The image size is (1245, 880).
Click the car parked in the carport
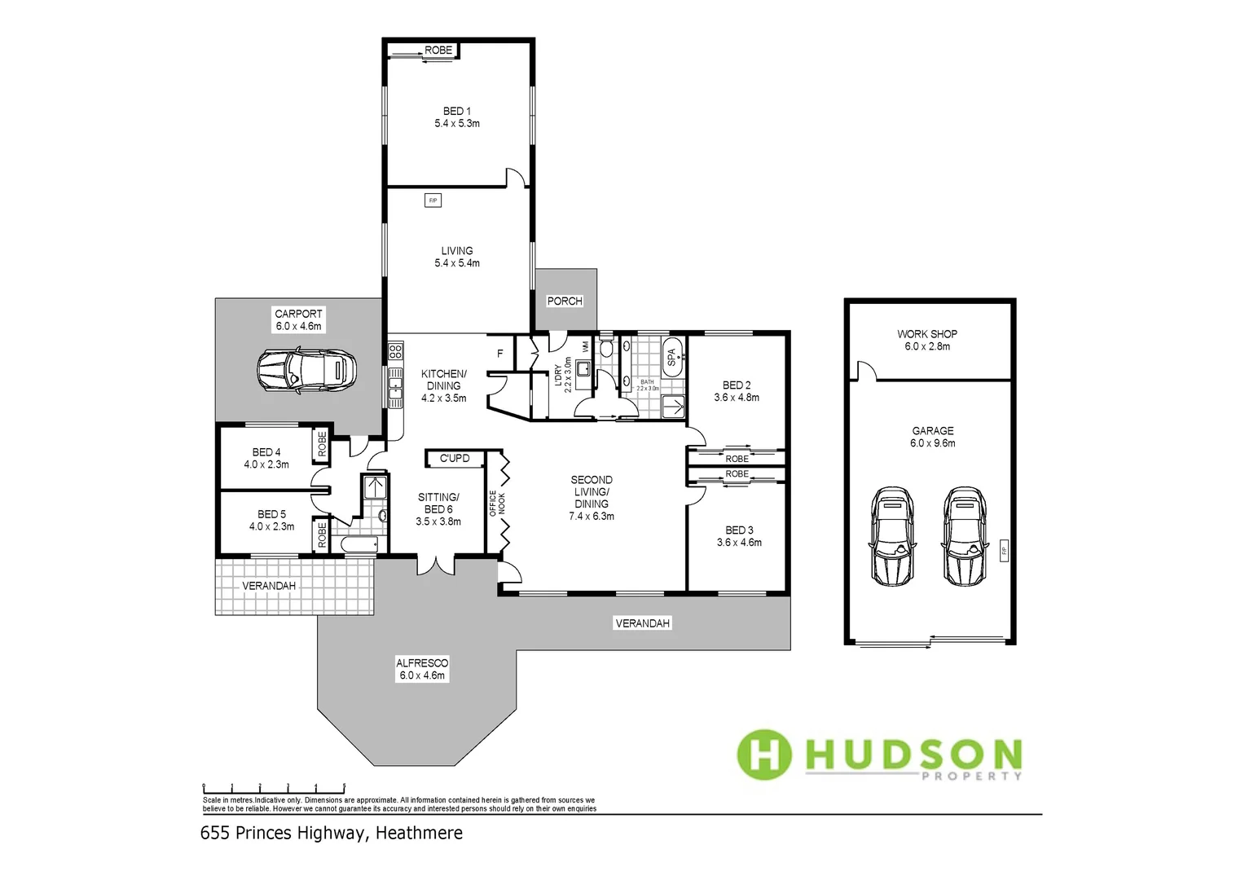306,371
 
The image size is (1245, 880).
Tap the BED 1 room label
456,111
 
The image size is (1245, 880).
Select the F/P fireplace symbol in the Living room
433,200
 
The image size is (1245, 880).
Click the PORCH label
565,301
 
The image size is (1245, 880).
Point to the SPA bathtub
672,357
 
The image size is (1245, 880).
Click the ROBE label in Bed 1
438,51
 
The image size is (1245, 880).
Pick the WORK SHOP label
926,334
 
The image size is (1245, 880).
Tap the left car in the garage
892,536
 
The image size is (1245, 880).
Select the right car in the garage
965,536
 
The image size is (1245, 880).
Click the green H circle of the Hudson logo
763,755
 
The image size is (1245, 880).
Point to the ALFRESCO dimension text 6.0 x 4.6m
422,675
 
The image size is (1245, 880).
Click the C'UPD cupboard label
454,458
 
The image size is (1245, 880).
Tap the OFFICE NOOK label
497,503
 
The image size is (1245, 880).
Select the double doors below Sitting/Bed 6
437,565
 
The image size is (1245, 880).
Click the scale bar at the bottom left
274,788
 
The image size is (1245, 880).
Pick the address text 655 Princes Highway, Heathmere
331,833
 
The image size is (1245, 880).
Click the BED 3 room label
739,530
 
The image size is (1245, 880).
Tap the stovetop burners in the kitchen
395,351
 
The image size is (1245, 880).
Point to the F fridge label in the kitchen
500,354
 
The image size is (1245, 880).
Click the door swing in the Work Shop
866,371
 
